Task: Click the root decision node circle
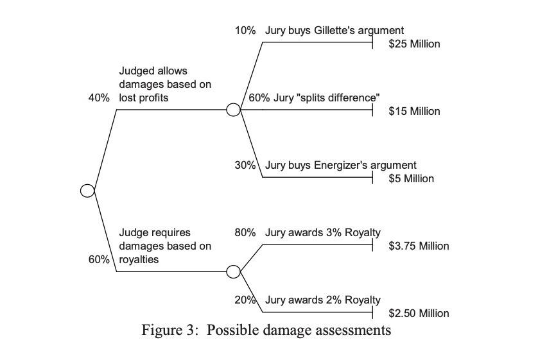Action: tap(87, 191)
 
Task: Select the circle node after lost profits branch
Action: tap(234, 110)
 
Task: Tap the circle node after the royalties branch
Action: tap(234, 271)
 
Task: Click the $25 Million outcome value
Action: tap(414, 44)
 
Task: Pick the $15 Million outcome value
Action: tap(414, 111)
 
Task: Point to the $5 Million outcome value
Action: tap(411, 178)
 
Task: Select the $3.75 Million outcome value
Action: tap(419, 246)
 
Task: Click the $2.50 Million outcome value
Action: tap(419, 313)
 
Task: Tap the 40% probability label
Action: tap(99, 98)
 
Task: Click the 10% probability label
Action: tap(245, 30)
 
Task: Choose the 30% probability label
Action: tap(245, 165)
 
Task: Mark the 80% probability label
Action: tap(245, 232)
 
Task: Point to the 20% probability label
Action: tap(245, 300)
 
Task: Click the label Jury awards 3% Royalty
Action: tap(322, 232)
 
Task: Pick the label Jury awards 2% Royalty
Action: tap(322, 300)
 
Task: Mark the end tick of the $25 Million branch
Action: tap(373, 42)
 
